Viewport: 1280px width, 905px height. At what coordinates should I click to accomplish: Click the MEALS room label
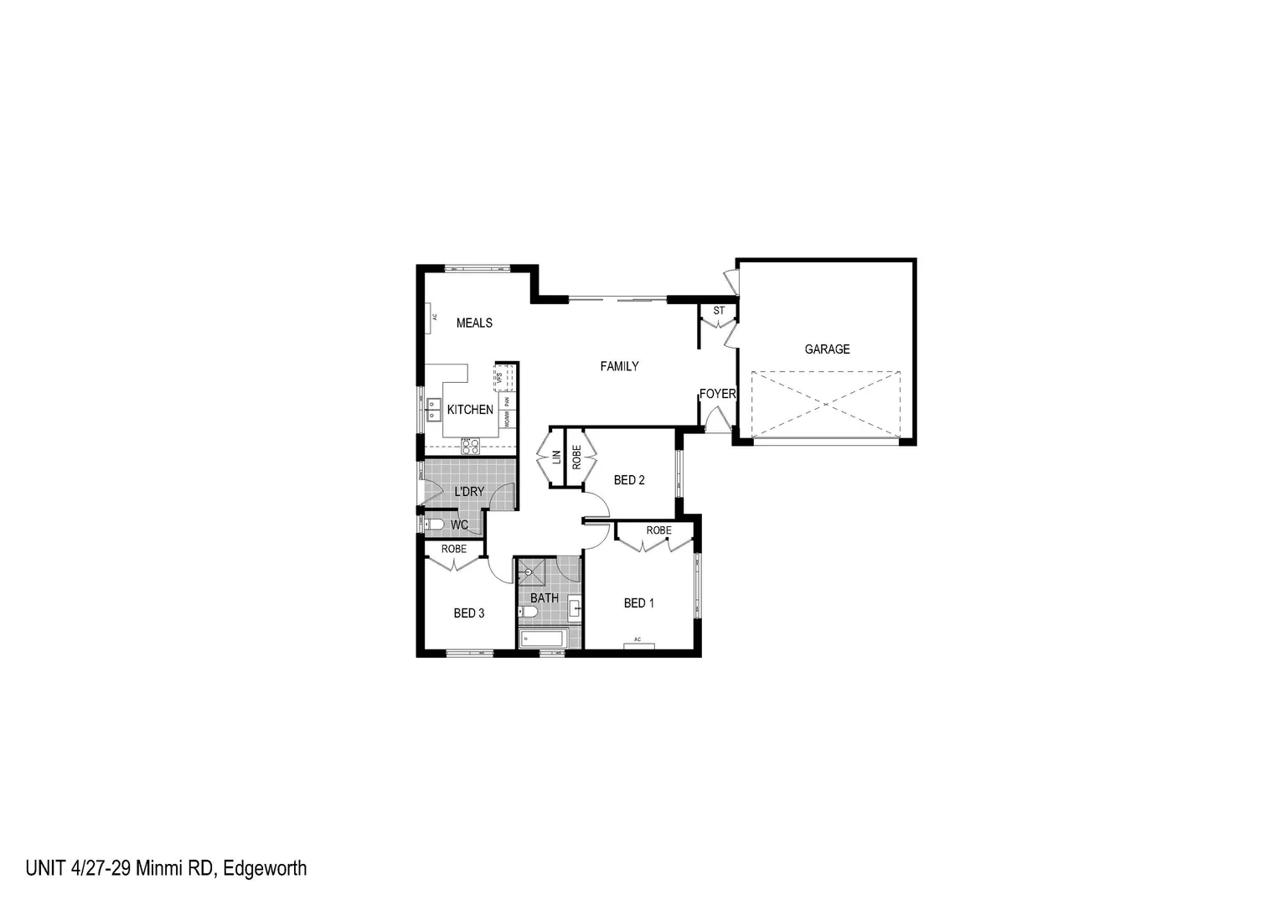(x=474, y=323)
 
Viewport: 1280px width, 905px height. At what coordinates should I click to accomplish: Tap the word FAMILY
(x=619, y=366)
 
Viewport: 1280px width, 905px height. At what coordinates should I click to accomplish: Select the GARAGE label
(x=827, y=349)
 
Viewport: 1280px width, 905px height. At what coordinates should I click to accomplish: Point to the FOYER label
(x=718, y=394)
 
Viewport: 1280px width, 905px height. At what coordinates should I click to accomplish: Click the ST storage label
(x=719, y=311)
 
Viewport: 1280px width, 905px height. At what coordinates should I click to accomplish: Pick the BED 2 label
(x=629, y=480)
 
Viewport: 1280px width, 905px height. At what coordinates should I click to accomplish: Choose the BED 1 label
(x=638, y=603)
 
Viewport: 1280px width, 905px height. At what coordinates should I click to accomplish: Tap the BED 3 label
(x=469, y=613)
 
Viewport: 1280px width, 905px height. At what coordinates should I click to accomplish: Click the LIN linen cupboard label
(x=556, y=458)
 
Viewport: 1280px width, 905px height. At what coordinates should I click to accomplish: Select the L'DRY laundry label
(x=469, y=492)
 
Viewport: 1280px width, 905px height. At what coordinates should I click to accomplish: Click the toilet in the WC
(x=434, y=525)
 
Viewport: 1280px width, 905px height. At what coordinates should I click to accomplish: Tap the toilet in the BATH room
(x=528, y=612)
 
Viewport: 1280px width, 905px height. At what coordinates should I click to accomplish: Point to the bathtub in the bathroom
(x=542, y=639)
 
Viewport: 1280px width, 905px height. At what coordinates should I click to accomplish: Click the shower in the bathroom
(x=530, y=573)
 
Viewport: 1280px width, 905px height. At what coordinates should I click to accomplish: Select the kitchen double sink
(x=434, y=410)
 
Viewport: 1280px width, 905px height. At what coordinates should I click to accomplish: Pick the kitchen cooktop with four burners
(x=471, y=446)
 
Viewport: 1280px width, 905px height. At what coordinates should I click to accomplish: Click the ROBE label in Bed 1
(x=658, y=530)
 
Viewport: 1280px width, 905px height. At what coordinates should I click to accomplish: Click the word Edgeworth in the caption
(x=266, y=868)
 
